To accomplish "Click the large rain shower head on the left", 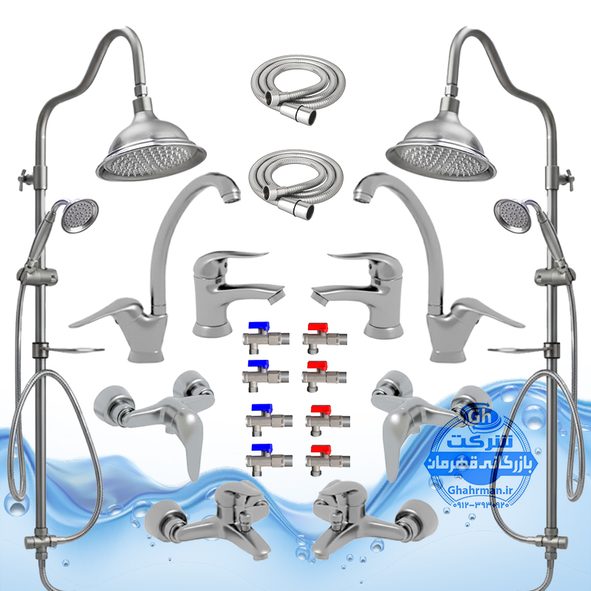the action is (151, 147).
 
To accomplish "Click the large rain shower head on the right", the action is (441, 147).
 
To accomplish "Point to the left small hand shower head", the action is (80, 216).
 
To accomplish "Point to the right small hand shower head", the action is (513, 216).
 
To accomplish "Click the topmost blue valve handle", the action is (259, 327).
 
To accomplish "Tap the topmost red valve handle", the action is (318, 327).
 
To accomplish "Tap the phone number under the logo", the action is (481, 505).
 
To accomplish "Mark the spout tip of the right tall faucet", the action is (361, 197).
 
